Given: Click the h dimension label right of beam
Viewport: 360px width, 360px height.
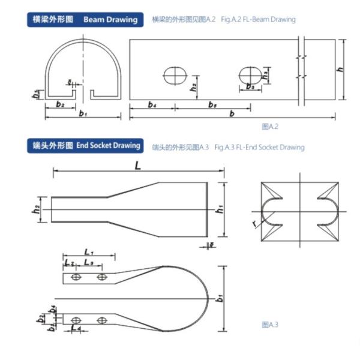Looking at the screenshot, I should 340,70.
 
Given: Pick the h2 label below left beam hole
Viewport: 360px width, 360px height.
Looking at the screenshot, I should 194,87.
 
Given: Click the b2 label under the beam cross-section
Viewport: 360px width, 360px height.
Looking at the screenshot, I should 60,104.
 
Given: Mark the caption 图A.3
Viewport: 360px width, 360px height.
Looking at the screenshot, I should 270,325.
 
